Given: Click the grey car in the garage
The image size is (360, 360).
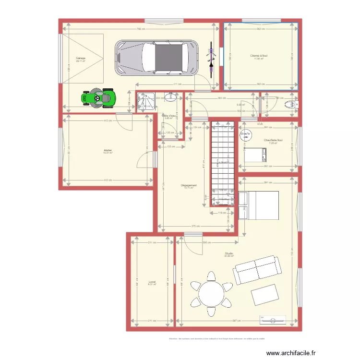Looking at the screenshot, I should click(156, 57).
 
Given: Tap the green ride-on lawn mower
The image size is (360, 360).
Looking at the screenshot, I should click(99, 98).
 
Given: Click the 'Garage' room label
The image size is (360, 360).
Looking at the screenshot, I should click(80, 58).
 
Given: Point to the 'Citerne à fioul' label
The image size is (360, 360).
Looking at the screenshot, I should click(259, 56).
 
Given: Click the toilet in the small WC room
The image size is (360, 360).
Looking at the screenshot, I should click(290, 105).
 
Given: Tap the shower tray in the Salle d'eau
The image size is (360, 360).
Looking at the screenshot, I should click(144, 102).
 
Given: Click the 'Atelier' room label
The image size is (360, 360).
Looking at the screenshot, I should click(108, 150).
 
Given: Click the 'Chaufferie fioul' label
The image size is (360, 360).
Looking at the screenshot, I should click(273, 140).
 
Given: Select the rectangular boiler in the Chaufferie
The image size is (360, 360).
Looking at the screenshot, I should click(255, 155).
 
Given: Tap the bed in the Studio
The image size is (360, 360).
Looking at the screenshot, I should click(258, 204).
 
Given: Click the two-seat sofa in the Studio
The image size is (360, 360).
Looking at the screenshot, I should click(255, 270).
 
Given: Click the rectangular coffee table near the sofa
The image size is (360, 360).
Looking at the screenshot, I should click(264, 294).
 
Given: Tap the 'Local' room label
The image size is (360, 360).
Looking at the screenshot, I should click(152, 282).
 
